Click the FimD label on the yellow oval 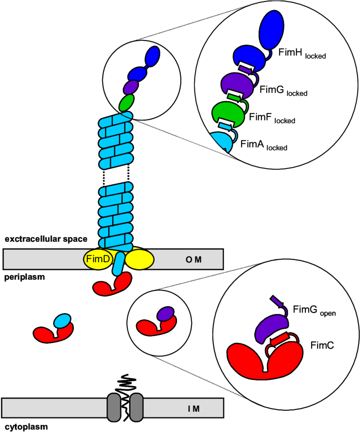[98, 260]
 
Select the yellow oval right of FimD [139, 260]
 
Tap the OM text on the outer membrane [193, 260]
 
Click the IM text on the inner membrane [193, 409]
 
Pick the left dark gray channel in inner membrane [114, 408]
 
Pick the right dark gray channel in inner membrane [136, 408]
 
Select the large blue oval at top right [271, 30]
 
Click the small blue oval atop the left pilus [152, 56]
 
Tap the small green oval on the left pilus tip [126, 103]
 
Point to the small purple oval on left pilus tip [131, 87]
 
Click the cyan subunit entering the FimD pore [119, 264]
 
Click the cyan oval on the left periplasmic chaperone [62, 321]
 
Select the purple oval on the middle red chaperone [165, 314]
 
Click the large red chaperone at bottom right [264, 361]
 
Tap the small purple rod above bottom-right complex [277, 302]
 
